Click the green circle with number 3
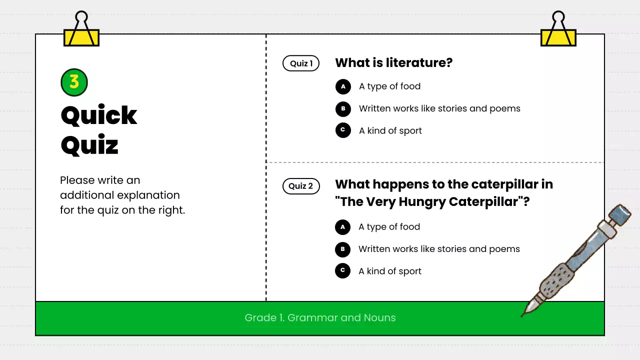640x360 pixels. pos(74,82)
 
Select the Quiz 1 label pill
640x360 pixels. pos(301,63)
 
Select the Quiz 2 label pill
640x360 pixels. pos(301,186)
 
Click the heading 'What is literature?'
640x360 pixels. pos(393,63)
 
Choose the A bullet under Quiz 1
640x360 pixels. pos(343,86)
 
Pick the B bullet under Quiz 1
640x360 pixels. pos(343,108)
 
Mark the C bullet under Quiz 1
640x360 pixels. pos(343,130)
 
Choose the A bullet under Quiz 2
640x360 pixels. pos(342,227)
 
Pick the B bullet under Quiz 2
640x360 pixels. pos(342,249)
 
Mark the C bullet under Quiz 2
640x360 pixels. pos(342,271)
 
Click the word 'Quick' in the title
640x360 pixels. pos(99,116)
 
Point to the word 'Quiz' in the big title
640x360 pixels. pos(89,145)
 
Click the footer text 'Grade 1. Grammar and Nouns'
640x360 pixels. pos(320,318)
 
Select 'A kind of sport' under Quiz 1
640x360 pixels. pos(390,131)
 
